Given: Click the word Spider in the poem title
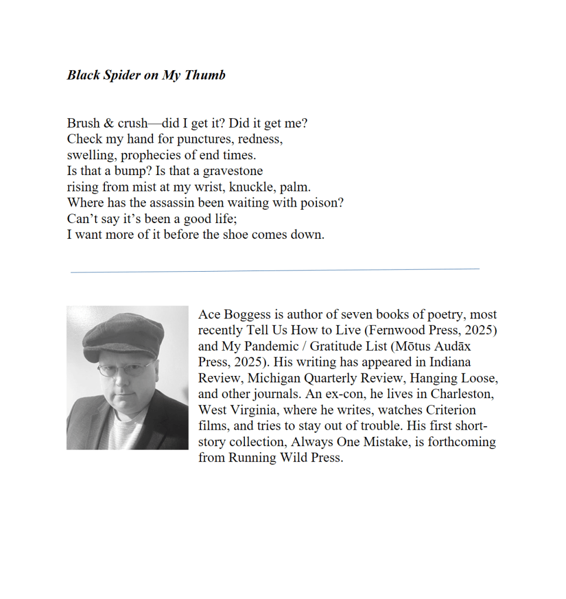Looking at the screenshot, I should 119,76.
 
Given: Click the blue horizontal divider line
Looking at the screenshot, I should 275,270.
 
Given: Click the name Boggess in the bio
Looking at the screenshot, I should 246,314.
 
